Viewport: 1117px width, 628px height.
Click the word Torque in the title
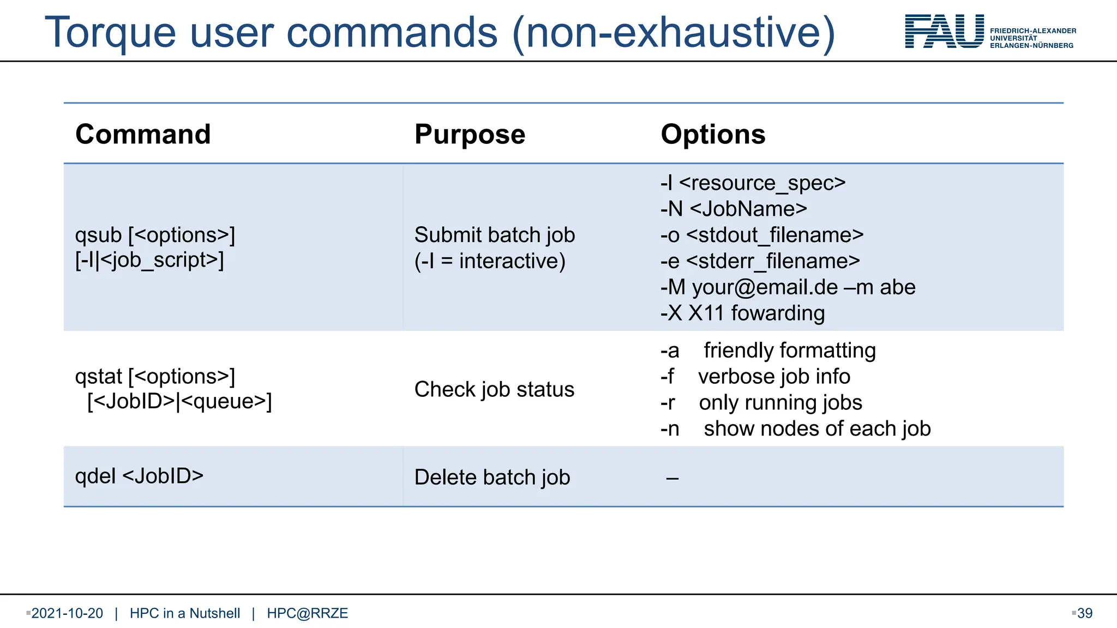110,33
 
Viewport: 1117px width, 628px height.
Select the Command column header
143,134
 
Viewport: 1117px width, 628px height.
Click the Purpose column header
470,134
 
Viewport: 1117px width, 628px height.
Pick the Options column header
713,134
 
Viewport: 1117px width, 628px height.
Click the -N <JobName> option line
734,209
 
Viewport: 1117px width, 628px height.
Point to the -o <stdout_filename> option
762,235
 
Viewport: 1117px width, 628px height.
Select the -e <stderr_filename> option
760,261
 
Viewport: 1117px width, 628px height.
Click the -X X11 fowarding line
742,313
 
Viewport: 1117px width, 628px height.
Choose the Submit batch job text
495,235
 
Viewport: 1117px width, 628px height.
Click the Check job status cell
494,390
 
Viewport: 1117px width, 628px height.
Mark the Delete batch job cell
492,478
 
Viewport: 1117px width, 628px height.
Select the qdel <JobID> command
139,476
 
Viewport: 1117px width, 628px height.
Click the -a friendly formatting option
768,351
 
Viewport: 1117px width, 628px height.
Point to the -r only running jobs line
761,403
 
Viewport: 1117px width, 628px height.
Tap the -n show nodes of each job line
795,429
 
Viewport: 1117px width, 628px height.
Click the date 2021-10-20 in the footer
67,613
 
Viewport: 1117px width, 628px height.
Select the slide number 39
1085,613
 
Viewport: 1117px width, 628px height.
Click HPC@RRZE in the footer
307,613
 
